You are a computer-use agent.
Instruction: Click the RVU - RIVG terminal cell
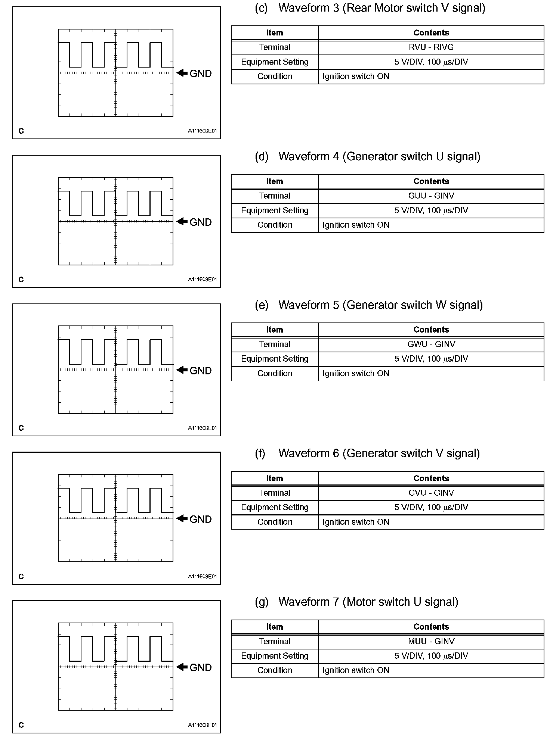click(431, 47)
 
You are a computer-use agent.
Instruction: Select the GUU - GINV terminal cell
click(431, 196)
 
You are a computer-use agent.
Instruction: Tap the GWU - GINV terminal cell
click(431, 344)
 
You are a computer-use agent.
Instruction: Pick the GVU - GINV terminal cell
click(431, 493)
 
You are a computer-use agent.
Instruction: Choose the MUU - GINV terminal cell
click(431, 642)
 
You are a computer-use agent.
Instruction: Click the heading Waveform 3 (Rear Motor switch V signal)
click(381, 8)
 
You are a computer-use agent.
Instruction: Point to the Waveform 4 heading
click(379, 156)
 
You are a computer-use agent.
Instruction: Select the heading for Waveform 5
click(380, 305)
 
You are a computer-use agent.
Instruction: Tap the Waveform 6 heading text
click(379, 453)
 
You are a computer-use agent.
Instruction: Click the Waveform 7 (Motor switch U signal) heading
click(368, 602)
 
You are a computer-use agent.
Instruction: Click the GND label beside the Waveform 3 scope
click(201, 74)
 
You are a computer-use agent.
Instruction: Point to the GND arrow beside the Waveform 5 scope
click(182, 370)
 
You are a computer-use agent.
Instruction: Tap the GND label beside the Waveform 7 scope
click(201, 667)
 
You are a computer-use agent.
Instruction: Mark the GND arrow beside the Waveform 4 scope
click(182, 221)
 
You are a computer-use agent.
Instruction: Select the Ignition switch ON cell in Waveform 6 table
click(356, 522)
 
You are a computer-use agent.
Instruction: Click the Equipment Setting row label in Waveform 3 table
click(275, 62)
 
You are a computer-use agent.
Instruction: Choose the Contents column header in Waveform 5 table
click(431, 330)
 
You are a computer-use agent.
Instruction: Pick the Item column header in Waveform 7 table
click(275, 627)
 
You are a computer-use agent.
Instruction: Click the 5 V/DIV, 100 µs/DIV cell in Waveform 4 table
click(431, 211)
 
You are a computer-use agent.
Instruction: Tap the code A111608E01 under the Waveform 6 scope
click(202, 577)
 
